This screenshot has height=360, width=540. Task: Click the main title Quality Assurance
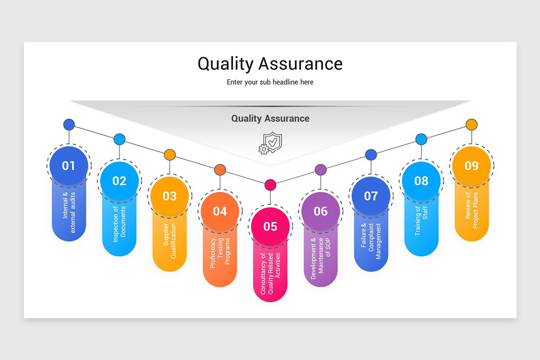tap(270, 63)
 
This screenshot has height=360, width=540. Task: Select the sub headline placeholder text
tap(270, 82)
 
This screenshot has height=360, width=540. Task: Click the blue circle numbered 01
tap(69, 166)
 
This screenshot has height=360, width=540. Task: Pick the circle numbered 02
tap(119, 181)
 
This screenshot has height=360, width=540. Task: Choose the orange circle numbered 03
tap(170, 196)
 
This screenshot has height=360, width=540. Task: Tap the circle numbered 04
tap(220, 211)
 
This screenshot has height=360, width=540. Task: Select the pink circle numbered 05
tap(270, 226)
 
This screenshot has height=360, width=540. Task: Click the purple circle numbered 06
tap(320, 211)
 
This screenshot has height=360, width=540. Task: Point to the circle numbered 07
tap(371, 196)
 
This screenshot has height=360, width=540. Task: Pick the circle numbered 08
tap(421, 181)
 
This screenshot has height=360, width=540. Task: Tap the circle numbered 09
tap(471, 166)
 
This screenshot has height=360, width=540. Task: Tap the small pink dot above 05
tap(270, 184)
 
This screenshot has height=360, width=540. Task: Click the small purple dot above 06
tap(320, 170)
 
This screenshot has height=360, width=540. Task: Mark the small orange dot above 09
tap(471, 124)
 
